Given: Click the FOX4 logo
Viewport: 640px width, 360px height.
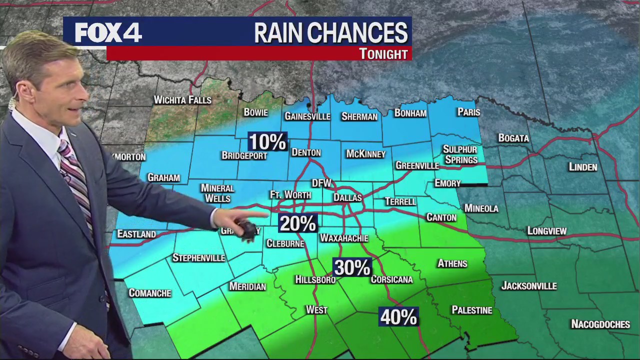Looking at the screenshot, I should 108,33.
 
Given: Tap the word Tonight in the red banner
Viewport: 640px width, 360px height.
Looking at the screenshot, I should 383,54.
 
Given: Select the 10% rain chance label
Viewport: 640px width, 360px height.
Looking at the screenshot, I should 267,142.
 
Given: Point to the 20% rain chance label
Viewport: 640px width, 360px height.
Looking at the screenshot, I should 297,223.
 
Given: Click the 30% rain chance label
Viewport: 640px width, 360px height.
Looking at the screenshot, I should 352,268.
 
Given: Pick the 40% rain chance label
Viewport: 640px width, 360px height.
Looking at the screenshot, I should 398,317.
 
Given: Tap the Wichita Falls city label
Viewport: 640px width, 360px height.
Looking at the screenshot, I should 182,100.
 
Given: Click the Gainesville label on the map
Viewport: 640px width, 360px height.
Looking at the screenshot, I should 307,116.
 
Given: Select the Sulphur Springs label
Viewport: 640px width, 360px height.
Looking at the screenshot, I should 460,154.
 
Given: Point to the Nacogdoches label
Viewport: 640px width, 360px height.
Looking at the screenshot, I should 600,324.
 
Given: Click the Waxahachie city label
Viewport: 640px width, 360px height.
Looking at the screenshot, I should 344,238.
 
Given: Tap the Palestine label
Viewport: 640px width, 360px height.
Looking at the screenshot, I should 471,310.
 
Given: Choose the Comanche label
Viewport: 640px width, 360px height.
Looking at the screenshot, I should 150,293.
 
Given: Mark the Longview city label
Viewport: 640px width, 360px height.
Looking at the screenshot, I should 547,231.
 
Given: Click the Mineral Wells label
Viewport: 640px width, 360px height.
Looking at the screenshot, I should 217,193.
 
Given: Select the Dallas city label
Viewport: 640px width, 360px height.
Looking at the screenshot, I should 347,198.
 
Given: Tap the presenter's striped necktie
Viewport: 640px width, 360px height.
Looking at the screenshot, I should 77,180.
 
